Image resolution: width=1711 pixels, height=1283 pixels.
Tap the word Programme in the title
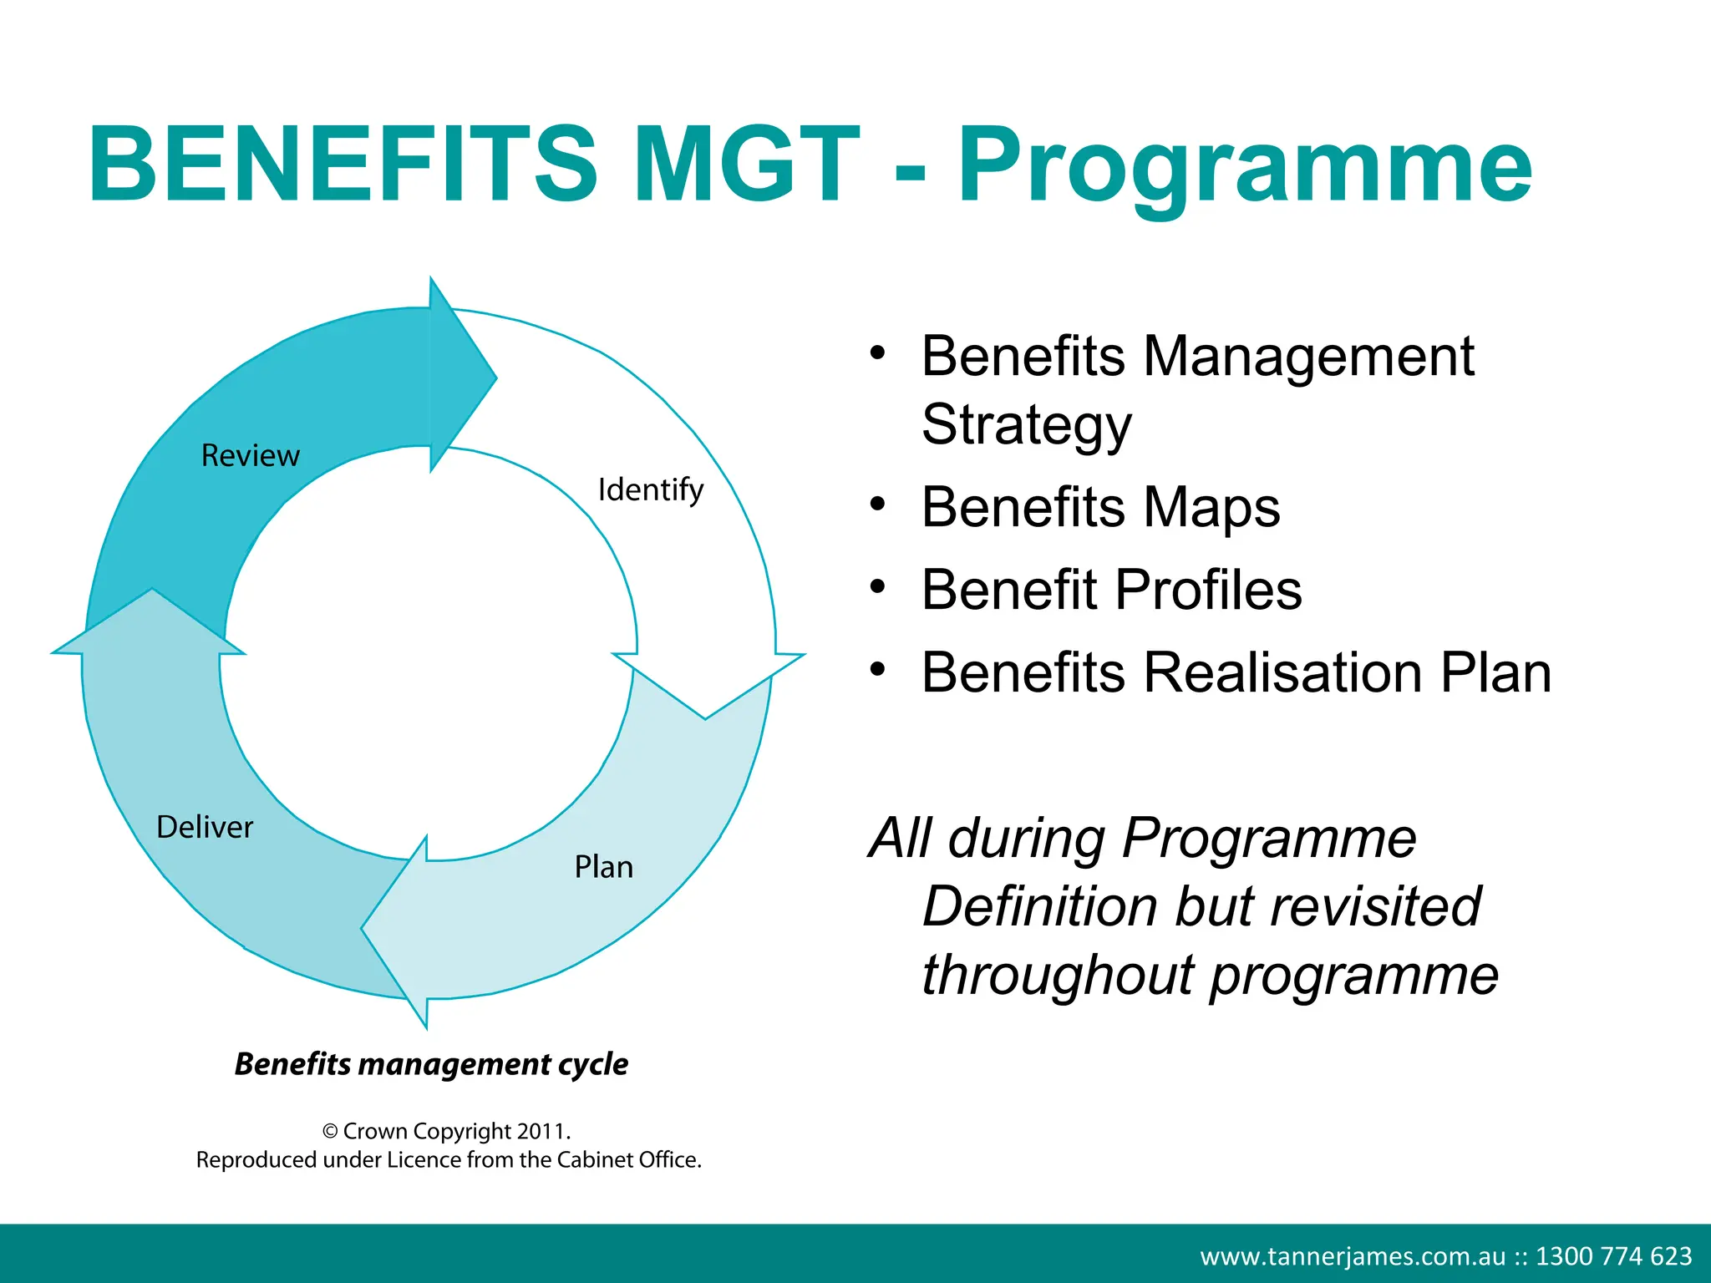tap(1245, 167)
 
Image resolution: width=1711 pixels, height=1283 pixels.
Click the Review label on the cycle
tap(250, 456)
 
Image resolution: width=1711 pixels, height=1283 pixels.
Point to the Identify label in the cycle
tap(651, 490)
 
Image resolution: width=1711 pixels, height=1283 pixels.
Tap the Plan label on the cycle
tap(603, 867)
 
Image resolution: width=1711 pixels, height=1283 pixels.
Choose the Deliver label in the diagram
tap(205, 827)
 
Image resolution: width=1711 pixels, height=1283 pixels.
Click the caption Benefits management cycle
tap(431, 1064)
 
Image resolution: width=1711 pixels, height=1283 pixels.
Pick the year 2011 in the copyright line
tap(541, 1131)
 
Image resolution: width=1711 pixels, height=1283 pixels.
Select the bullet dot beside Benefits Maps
tap(876, 505)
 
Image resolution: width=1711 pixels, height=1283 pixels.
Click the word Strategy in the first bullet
tap(1026, 424)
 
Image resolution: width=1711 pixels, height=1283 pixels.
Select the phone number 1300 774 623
tap(1613, 1256)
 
